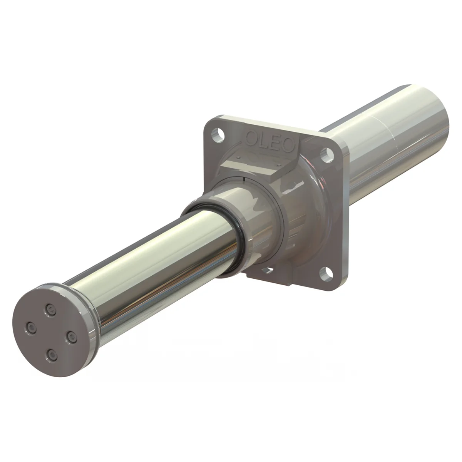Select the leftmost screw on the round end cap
(31, 327)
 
